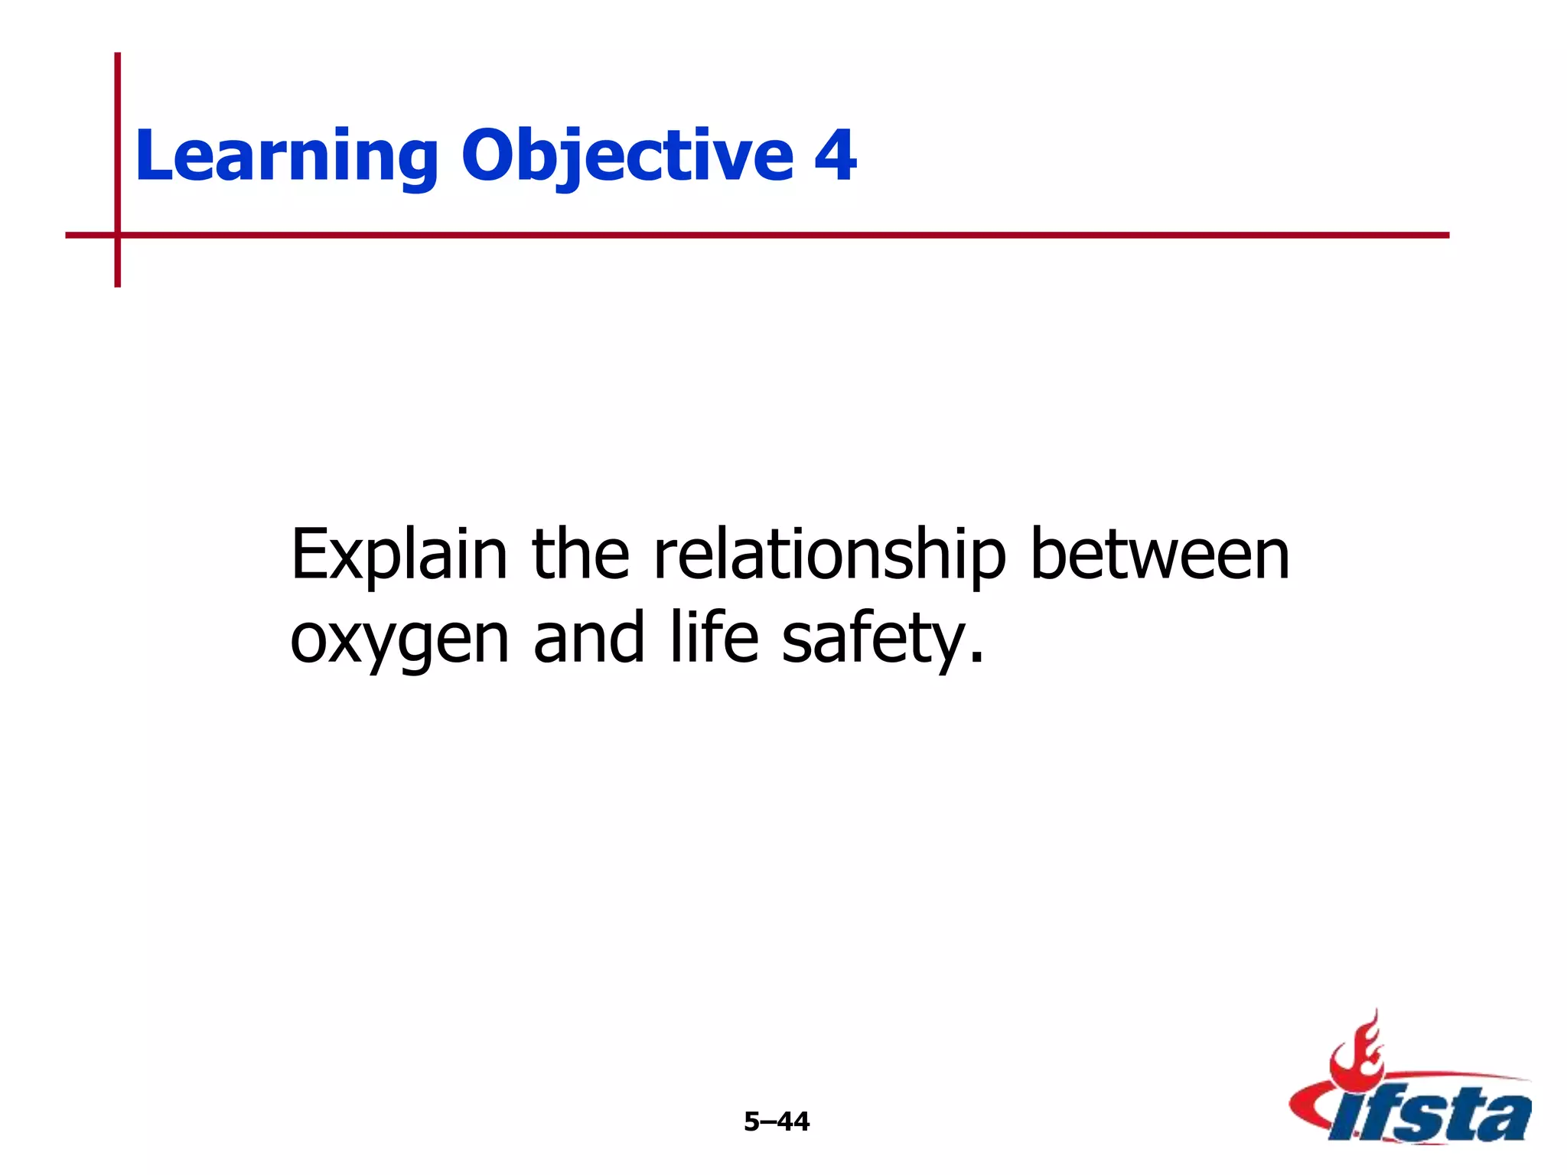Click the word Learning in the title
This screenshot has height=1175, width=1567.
(x=286, y=157)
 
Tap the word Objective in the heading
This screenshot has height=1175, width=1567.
(x=627, y=157)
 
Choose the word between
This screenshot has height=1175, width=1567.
(x=1160, y=555)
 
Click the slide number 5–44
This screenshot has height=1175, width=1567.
(x=776, y=1121)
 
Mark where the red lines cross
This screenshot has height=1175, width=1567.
(x=118, y=235)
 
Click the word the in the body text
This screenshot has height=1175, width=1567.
(x=580, y=555)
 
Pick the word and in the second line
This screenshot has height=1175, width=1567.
(x=588, y=639)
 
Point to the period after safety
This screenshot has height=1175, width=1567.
(x=976, y=658)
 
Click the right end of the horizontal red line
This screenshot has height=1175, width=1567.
(x=1445, y=235)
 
